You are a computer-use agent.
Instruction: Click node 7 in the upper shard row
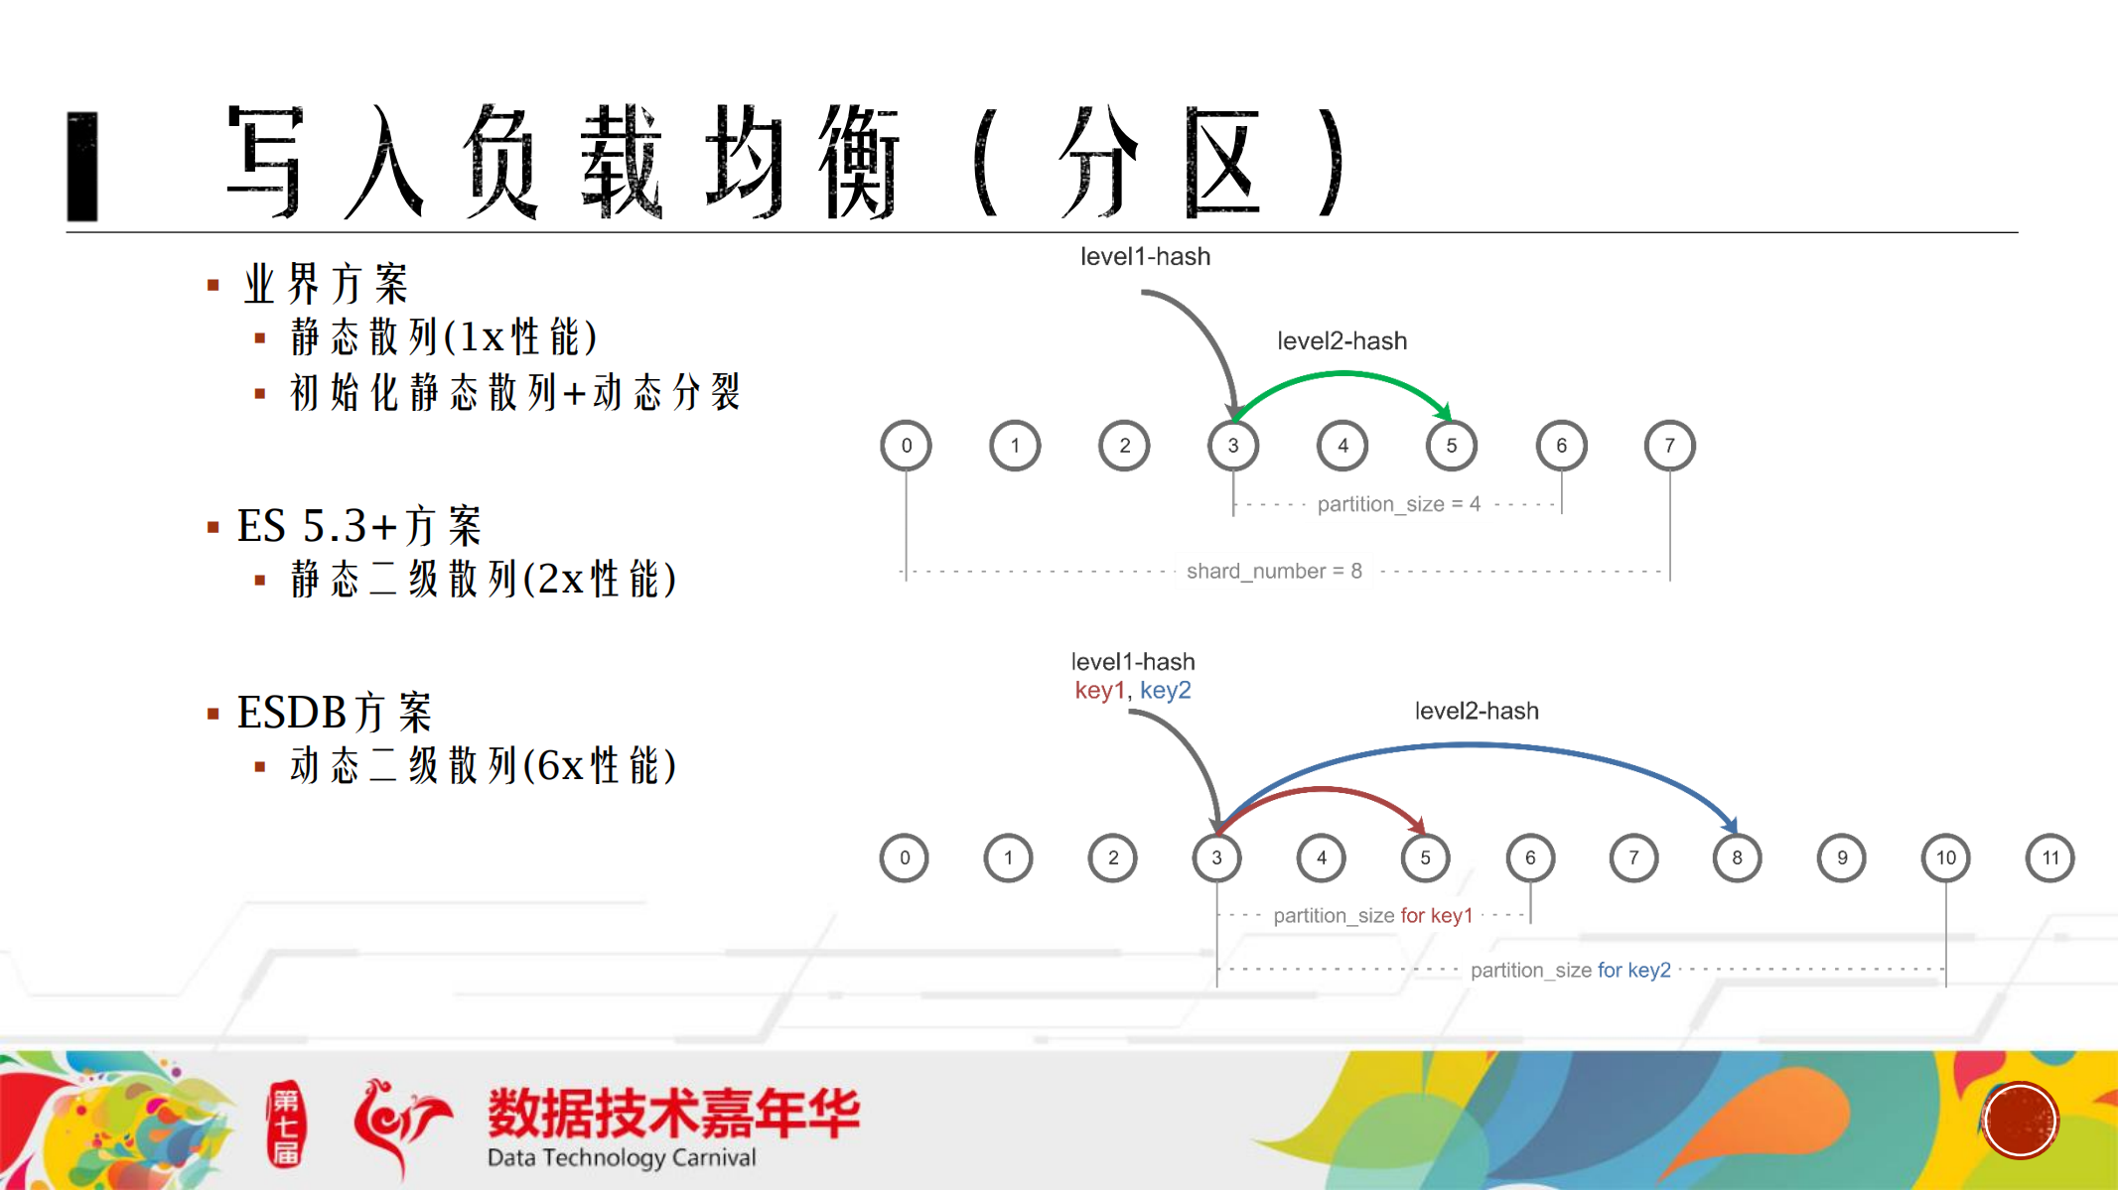coord(1669,446)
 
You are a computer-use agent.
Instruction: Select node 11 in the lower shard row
coord(2049,858)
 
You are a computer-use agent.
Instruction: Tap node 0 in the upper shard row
coord(906,446)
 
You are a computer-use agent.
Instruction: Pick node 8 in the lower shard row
coord(1737,858)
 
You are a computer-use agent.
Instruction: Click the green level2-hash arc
coord(1342,374)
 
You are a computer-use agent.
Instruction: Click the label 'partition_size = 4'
coord(1398,504)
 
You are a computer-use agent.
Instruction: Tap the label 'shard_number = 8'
coord(1274,571)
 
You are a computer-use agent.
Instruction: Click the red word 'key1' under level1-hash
coord(1099,690)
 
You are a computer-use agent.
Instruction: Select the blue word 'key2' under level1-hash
coord(1165,690)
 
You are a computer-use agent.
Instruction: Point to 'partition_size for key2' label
coord(1570,970)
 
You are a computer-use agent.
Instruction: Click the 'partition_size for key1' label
coord(1372,915)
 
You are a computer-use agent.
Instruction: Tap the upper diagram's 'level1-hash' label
coord(1145,256)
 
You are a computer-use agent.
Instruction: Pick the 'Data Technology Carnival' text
coord(622,1157)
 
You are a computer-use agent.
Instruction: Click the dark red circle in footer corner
coord(2020,1121)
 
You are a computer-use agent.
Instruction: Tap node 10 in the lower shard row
coord(1945,858)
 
